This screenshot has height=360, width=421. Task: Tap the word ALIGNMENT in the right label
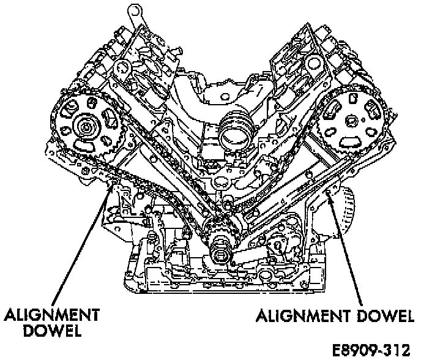pyautogui.click(x=302, y=317)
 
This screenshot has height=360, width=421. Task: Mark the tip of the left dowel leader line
pyautogui.click(x=110, y=184)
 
